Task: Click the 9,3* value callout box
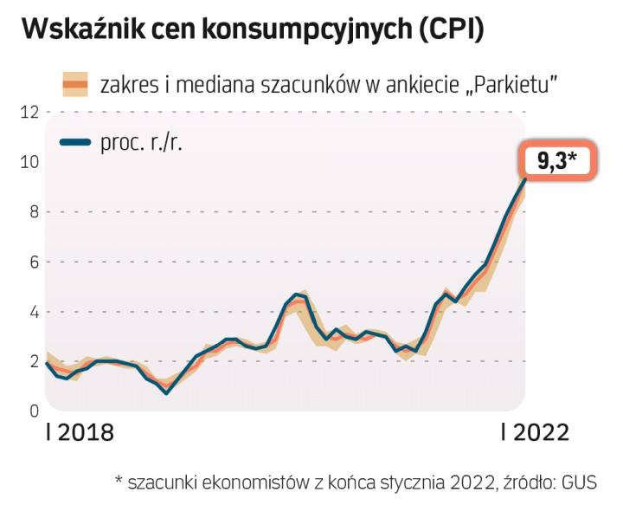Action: click(x=558, y=161)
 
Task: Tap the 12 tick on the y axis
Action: click(x=30, y=111)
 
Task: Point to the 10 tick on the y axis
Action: click(x=30, y=161)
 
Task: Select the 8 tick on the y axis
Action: click(x=33, y=211)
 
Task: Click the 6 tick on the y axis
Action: click(x=33, y=262)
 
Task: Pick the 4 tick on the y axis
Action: click(x=33, y=311)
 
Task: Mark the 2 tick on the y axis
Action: click(x=33, y=361)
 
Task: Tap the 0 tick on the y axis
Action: click(x=33, y=411)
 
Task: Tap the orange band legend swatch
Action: click(x=76, y=84)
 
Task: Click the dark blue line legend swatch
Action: click(x=76, y=142)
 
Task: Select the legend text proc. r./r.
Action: click(x=142, y=142)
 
